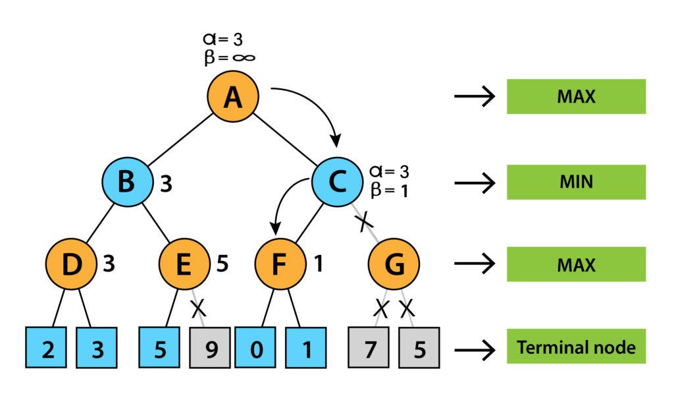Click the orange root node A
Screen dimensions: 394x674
[x=232, y=98]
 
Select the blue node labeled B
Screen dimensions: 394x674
[x=127, y=182]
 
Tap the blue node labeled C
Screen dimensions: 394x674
[x=337, y=182]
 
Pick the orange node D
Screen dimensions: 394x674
[x=70, y=265]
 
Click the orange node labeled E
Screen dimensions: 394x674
[x=184, y=265]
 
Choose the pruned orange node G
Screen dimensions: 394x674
[x=394, y=265]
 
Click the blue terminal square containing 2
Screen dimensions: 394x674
[x=47, y=347]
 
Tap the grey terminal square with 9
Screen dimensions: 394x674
[x=210, y=347]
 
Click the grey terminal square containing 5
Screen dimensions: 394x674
[x=419, y=347]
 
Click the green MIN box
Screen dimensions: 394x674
[x=576, y=181]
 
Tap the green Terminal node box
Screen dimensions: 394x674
[x=576, y=347]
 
